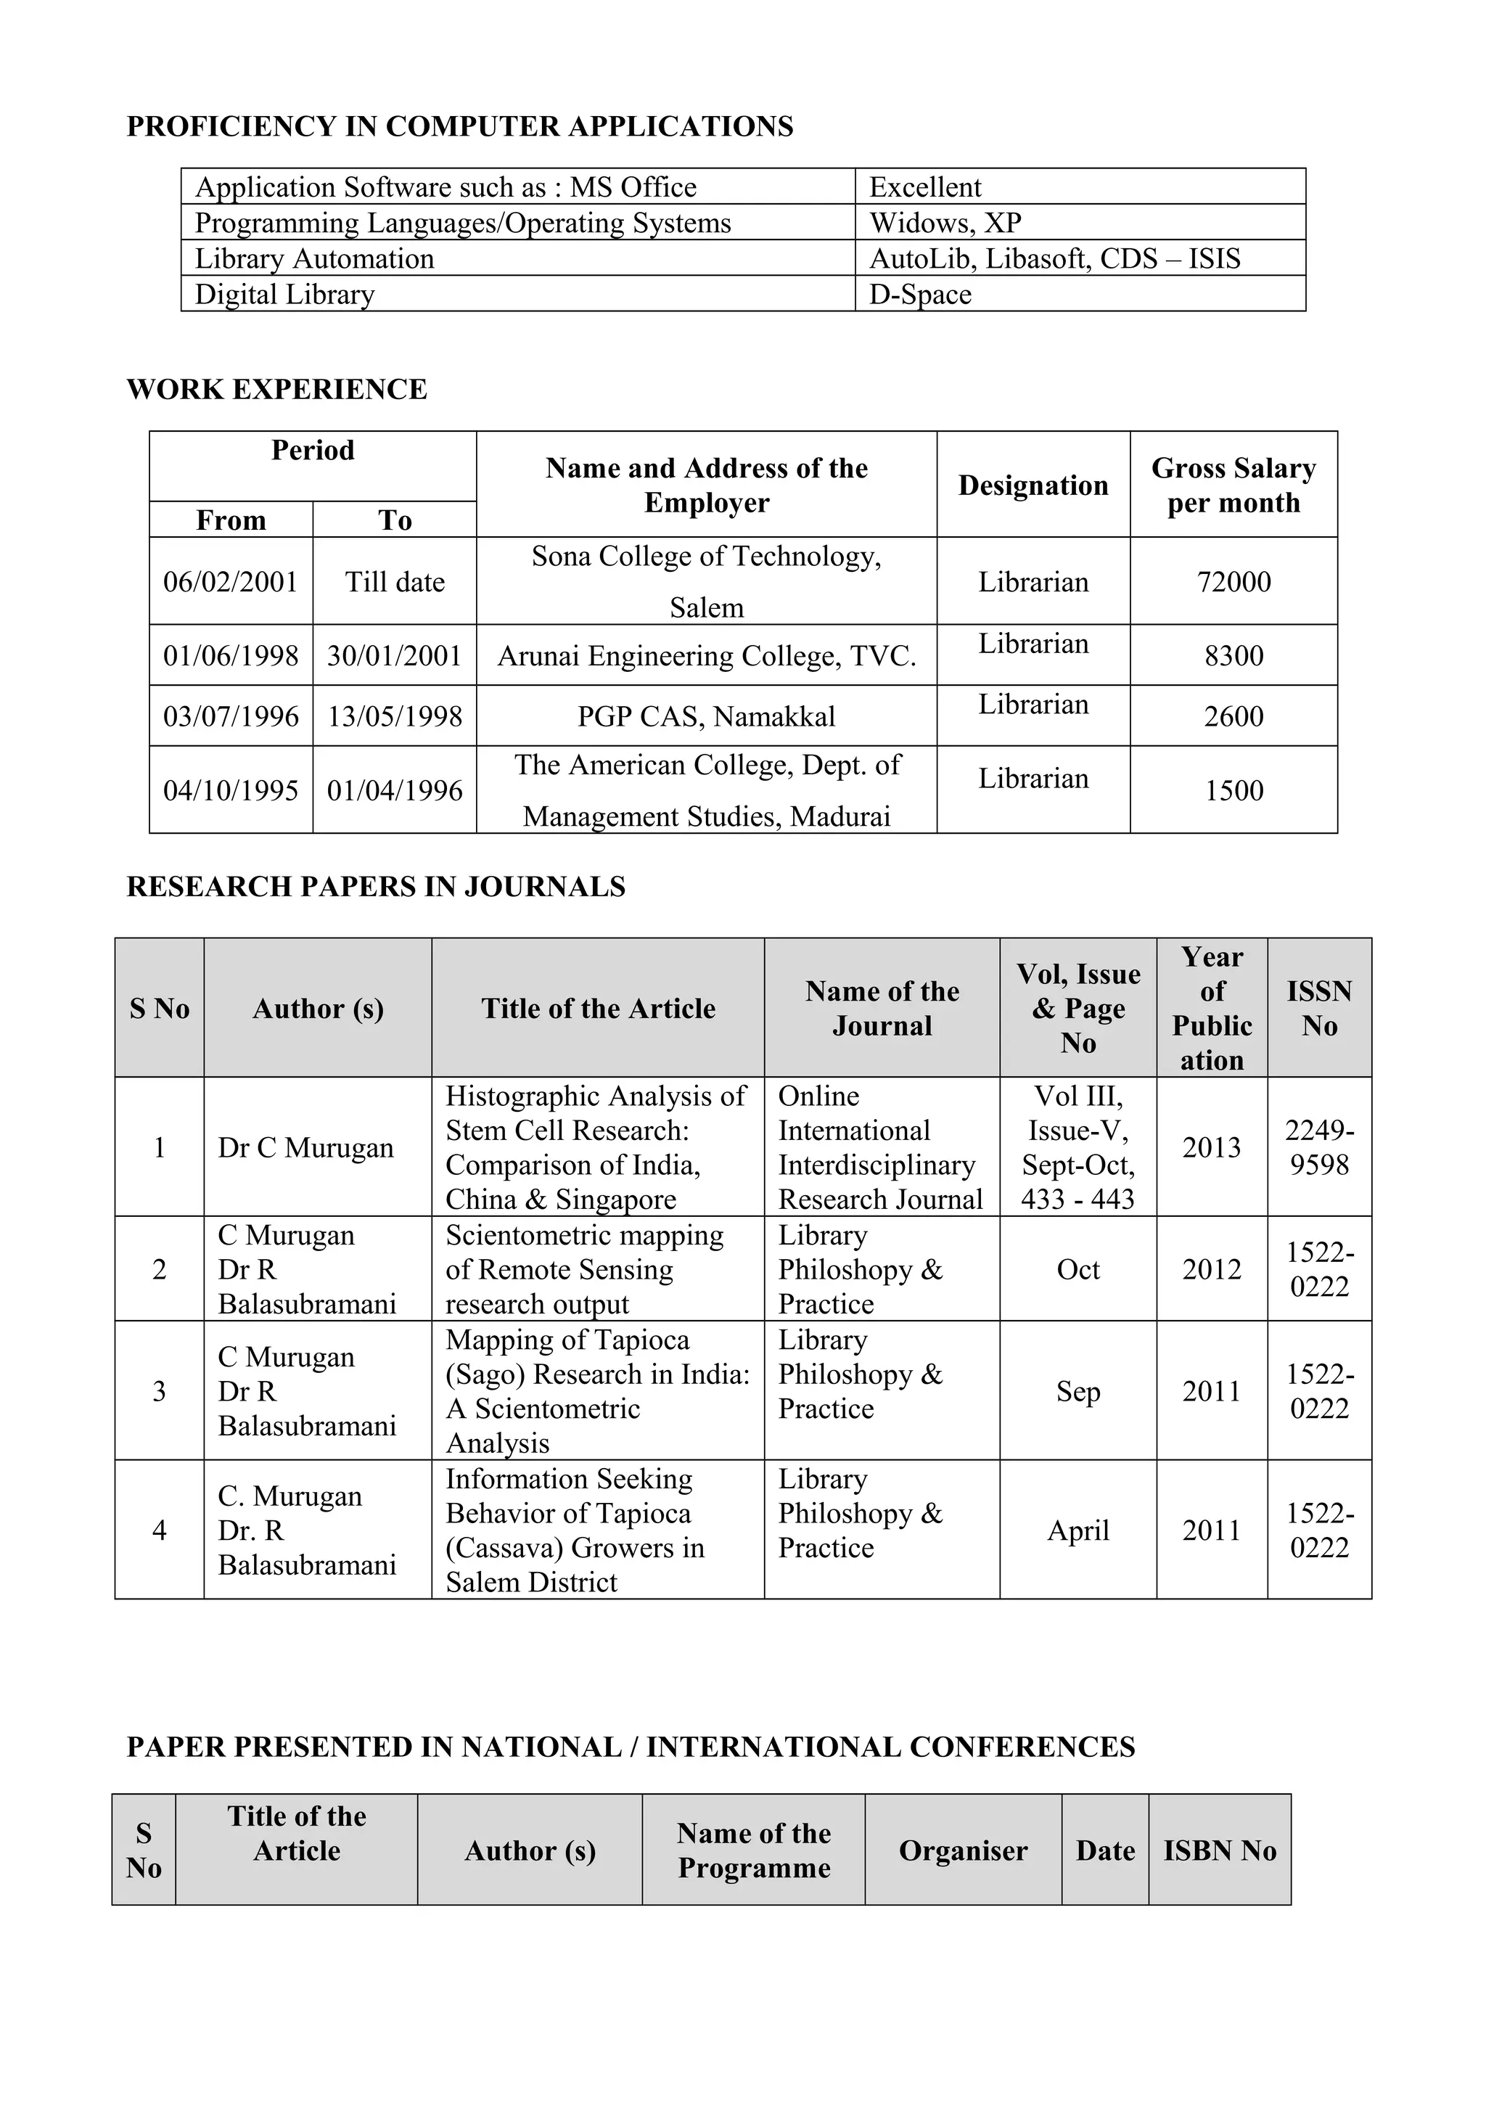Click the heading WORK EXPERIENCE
[276, 389]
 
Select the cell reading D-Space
[919, 294]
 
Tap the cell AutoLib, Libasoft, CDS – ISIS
[1054, 258]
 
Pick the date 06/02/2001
[231, 581]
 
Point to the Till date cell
[395, 581]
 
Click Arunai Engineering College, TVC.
[706, 656]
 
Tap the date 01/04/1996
[395, 790]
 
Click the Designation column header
[1033, 485]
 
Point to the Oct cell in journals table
[1077, 1269]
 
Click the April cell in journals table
[1077, 1530]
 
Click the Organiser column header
[962, 1850]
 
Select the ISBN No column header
[1219, 1850]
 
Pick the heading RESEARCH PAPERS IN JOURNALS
[375, 887]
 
